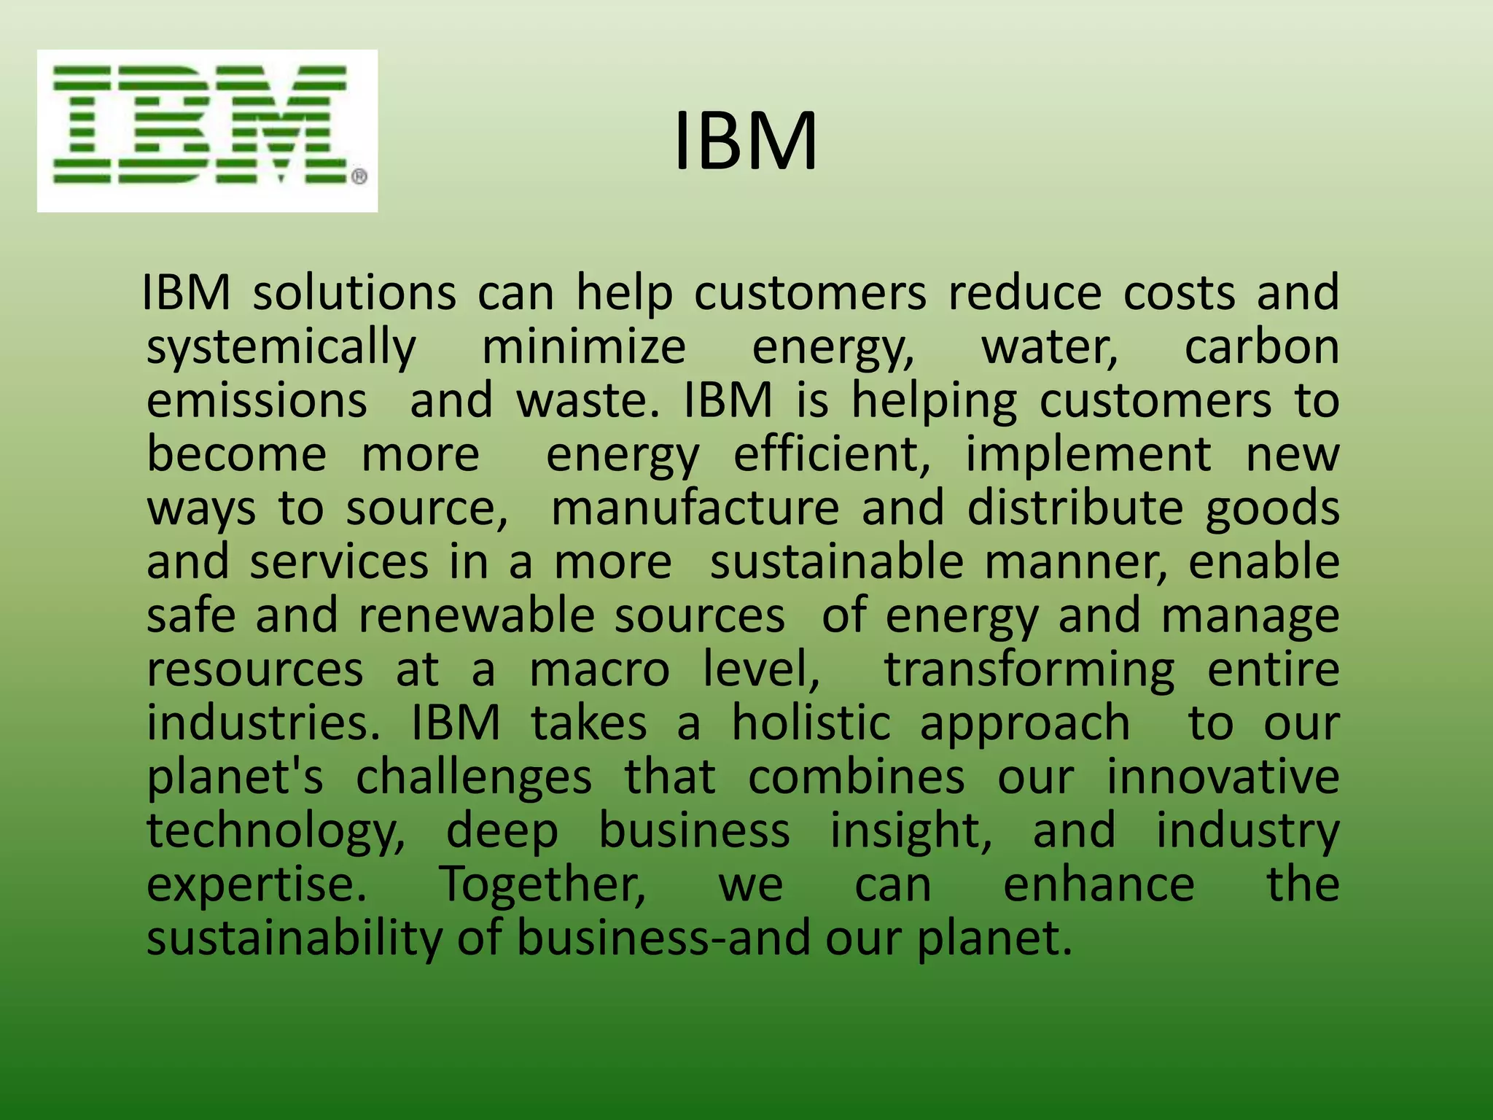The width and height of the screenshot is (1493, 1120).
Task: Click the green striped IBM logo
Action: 199,125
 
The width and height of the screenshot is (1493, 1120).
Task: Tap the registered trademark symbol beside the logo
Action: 359,177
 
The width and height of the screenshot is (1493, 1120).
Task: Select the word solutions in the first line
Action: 354,293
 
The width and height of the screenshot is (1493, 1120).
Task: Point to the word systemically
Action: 281,348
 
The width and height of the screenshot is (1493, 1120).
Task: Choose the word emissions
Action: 257,400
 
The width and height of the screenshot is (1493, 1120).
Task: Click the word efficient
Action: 832,454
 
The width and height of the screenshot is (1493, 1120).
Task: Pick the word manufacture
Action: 695,508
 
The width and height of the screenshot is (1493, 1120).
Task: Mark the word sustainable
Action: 837,562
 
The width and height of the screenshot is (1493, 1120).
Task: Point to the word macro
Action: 599,670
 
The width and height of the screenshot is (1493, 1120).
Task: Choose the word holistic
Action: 811,723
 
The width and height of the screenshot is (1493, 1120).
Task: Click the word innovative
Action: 1223,777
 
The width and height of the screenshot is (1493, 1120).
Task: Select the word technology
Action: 276,832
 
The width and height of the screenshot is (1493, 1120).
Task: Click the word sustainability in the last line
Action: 295,938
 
